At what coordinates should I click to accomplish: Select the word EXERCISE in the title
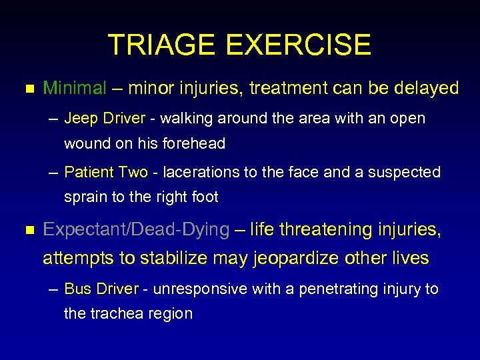pyautogui.click(x=298, y=45)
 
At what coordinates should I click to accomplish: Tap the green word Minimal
pyautogui.click(x=75, y=88)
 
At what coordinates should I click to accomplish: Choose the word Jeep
pyautogui.click(x=79, y=119)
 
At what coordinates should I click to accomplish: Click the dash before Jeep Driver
pyautogui.click(x=53, y=119)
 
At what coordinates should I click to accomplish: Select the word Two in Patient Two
pyautogui.click(x=133, y=173)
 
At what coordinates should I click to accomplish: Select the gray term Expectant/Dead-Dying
pyautogui.click(x=136, y=230)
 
